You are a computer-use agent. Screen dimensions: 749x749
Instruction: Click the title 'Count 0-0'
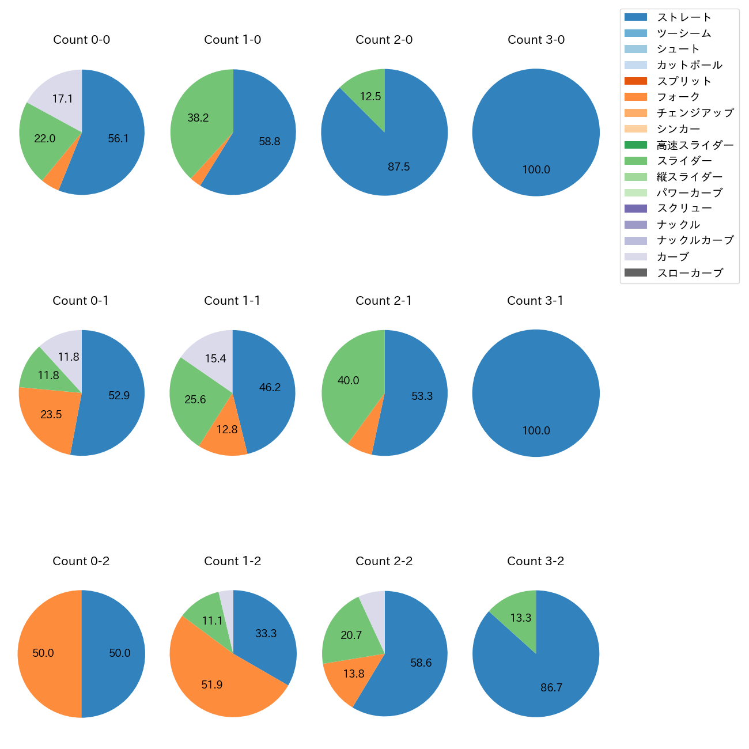point(82,40)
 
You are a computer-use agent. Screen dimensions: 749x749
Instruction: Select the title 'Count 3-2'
point(535,561)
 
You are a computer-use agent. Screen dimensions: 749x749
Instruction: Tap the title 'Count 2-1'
point(384,301)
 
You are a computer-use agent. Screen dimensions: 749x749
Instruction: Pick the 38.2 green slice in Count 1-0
point(199,121)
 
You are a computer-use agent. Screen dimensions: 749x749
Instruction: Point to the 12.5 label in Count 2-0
point(370,97)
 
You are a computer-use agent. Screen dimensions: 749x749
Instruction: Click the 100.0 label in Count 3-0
point(536,170)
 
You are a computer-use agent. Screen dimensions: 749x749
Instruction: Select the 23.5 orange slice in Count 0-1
point(49,416)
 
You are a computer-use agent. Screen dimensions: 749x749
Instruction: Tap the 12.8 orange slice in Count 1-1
point(226,432)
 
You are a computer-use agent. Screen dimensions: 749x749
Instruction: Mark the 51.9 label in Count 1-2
point(212,685)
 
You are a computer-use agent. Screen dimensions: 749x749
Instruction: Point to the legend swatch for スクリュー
point(635,209)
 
